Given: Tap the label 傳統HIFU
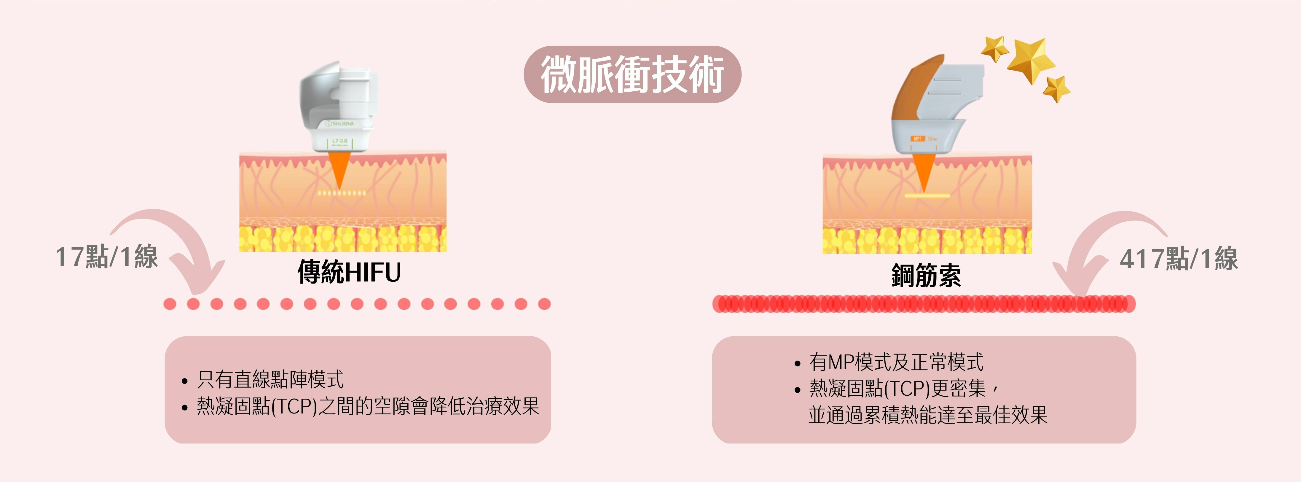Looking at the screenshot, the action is coord(349,272).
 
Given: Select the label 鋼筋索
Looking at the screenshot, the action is coord(926,275).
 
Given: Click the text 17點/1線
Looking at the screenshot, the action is coord(106,257).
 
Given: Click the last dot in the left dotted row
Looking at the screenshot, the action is coord(544,304).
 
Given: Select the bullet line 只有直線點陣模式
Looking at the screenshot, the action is coord(270,379).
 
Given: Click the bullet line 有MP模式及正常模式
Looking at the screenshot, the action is coord(897,362).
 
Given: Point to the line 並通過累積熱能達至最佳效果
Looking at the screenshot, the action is coord(928,415).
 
